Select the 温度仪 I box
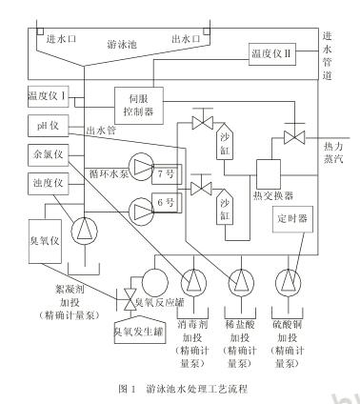click(46, 96)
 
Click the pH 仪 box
click(44, 127)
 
